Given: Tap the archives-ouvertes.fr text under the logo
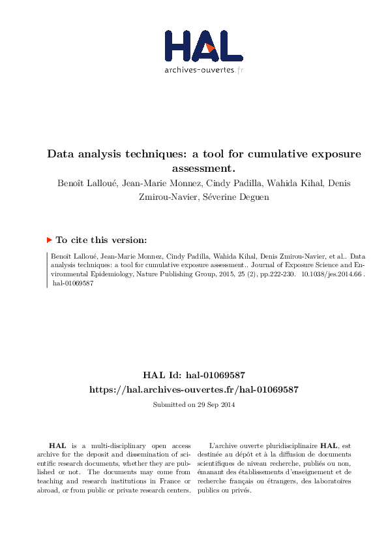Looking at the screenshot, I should coord(203,70).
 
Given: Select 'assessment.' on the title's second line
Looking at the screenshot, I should coord(194,169).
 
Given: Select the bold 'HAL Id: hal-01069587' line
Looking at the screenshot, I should coord(194,375).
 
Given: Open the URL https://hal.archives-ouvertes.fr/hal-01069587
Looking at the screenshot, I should coord(194,389).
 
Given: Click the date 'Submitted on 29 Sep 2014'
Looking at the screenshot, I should coord(194,405).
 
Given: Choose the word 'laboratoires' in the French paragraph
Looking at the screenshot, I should coord(329,481).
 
